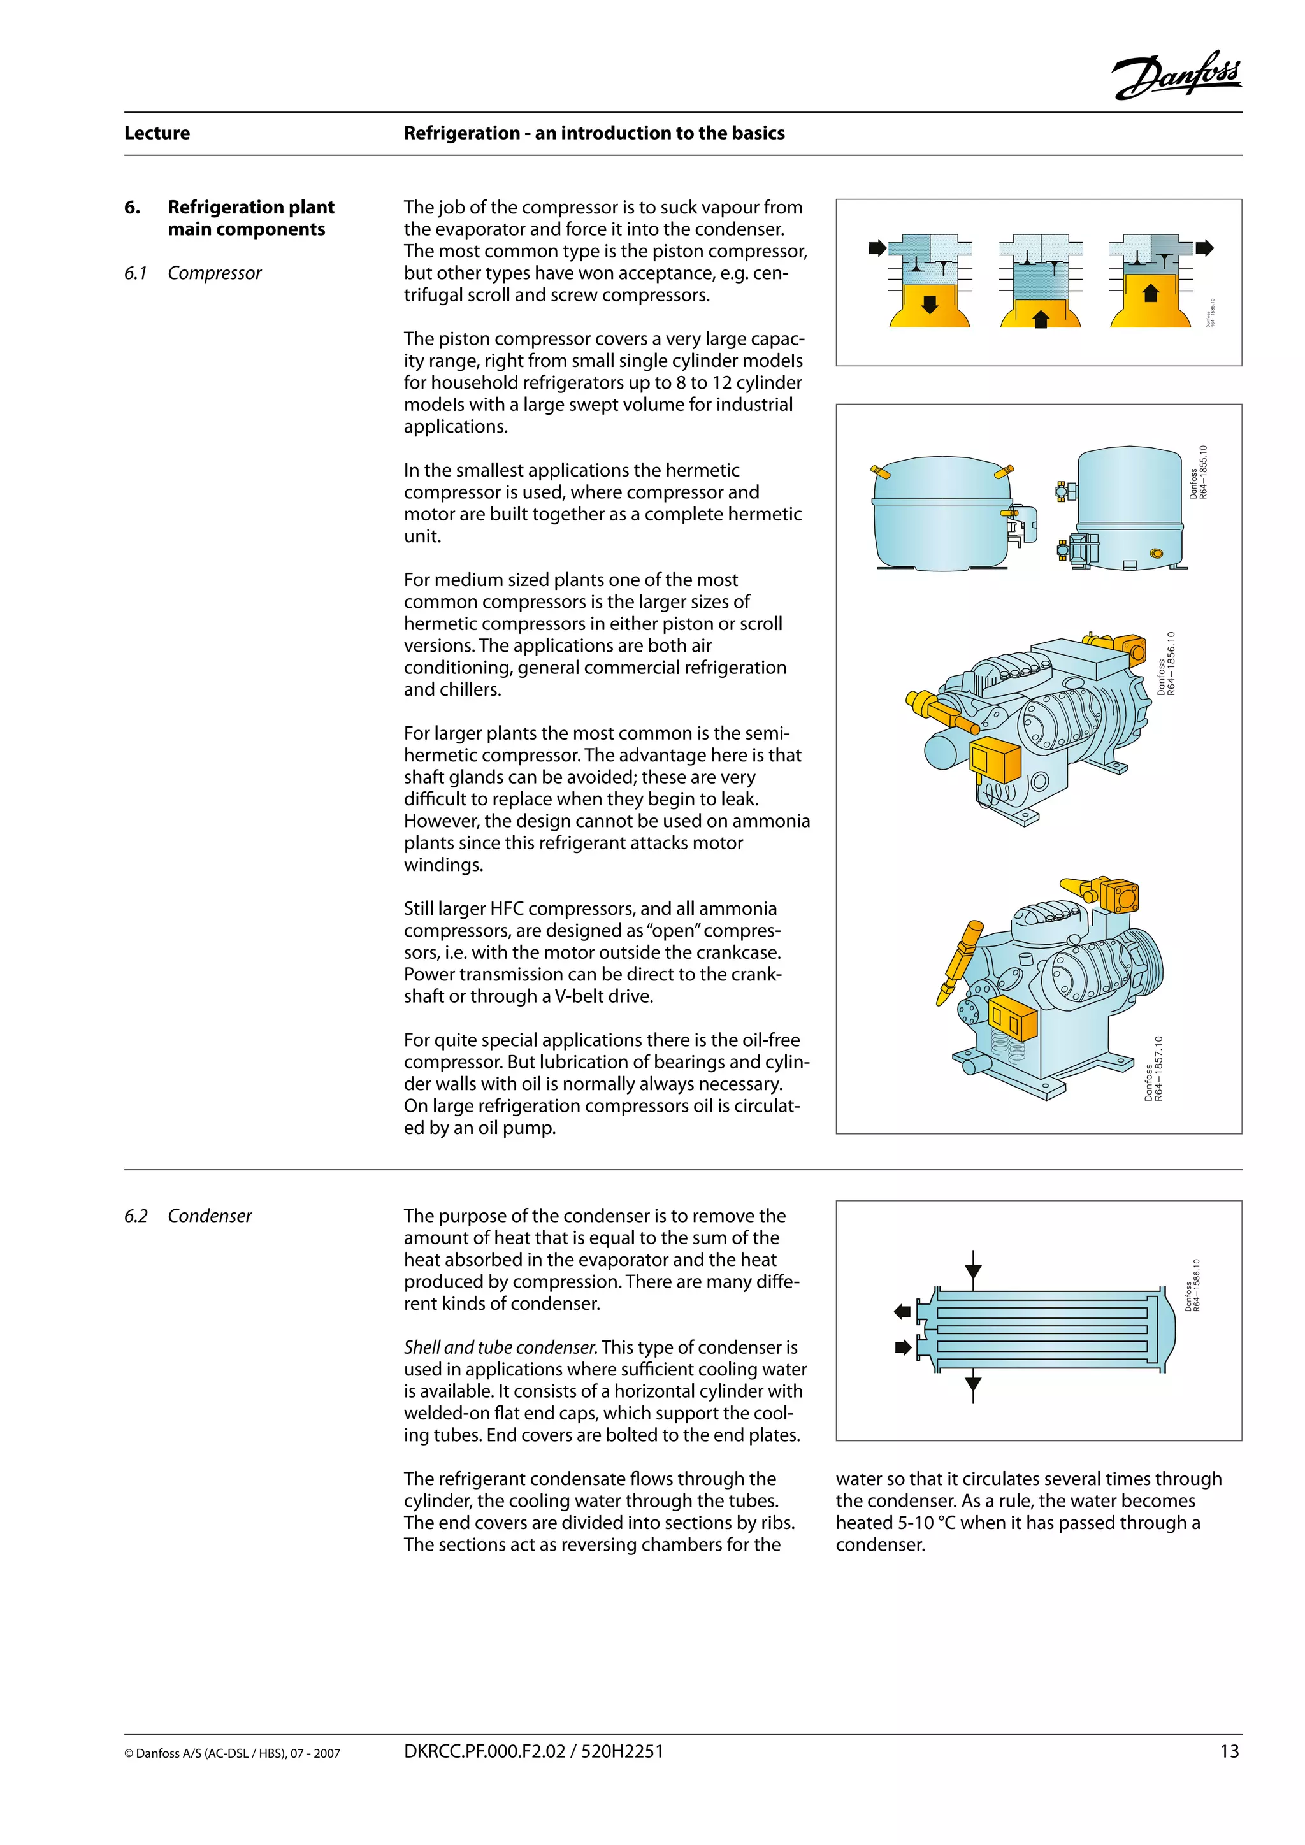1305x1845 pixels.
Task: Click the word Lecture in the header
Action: point(157,133)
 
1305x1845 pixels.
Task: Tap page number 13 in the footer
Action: point(1229,1751)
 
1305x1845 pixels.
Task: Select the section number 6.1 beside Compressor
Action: point(135,273)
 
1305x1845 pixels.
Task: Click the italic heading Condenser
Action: point(209,1216)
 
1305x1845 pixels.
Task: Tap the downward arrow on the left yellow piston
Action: point(930,305)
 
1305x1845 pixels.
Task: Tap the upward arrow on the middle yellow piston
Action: point(1041,319)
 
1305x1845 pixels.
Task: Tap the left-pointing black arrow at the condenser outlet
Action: point(902,1311)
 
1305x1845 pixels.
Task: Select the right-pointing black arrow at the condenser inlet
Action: point(902,1347)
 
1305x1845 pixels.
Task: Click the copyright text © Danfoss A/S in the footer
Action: point(231,1753)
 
